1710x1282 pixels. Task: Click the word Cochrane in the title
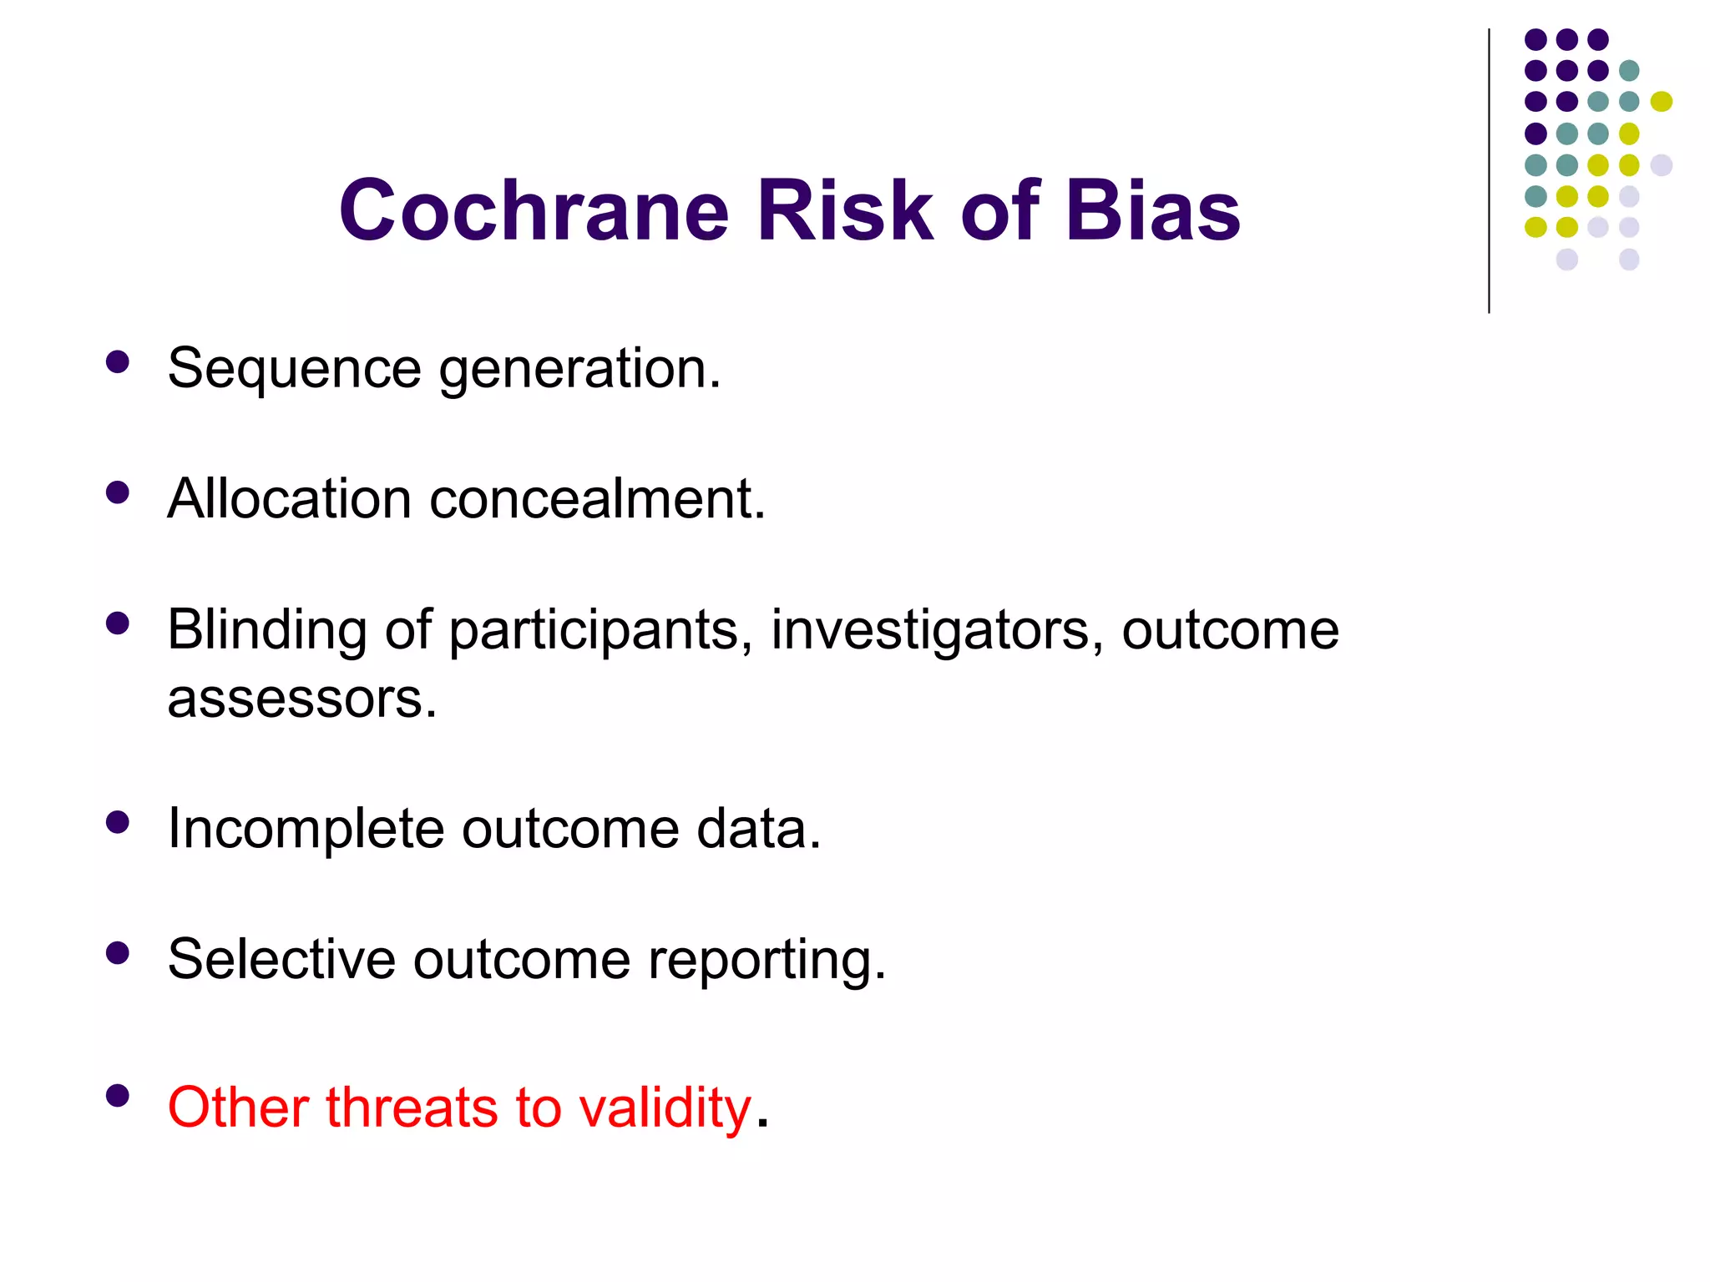pos(534,210)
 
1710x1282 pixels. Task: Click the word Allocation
pos(289,499)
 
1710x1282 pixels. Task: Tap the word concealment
pos(596,499)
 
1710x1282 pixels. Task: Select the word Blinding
pos(266,630)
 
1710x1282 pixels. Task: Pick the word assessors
pos(301,699)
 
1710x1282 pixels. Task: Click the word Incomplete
pos(306,829)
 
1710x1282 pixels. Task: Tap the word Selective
pos(281,959)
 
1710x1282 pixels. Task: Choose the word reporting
pos(766,961)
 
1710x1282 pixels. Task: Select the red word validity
pos(665,1108)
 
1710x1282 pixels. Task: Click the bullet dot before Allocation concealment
pos(118,492)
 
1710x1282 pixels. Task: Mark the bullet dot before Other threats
pos(118,1095)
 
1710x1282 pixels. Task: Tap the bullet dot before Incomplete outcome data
pos(118,822)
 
